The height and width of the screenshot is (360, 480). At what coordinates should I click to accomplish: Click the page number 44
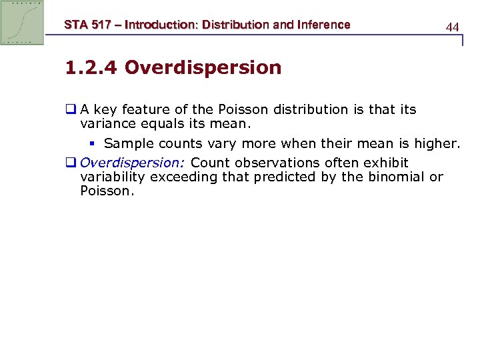coord(452,27)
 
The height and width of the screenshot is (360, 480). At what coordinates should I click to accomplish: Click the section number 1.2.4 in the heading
coord(91,67)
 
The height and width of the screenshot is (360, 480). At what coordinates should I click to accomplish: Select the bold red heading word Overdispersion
coord(203,67)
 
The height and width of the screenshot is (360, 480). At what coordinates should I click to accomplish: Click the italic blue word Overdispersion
coord(133,163)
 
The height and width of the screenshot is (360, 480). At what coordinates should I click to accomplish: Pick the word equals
coord(158,123)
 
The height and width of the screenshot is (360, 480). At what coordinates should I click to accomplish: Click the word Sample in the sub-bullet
coord(127,143)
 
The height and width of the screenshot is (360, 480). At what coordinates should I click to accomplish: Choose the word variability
coord(113,177)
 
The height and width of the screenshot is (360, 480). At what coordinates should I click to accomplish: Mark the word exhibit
coord(385,163)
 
